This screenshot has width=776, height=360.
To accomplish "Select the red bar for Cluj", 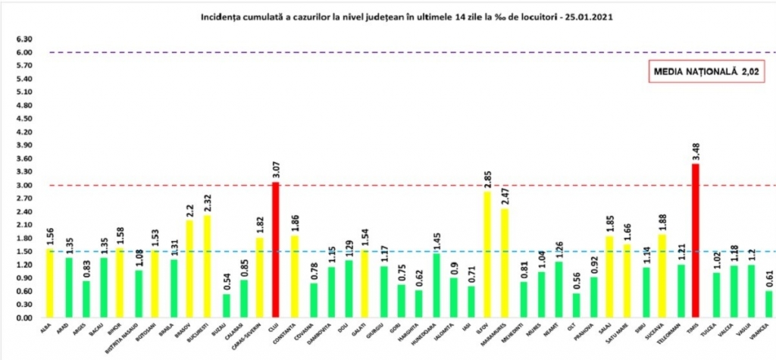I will coord(276,250).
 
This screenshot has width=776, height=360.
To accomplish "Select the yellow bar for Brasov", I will coord(189,269).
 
